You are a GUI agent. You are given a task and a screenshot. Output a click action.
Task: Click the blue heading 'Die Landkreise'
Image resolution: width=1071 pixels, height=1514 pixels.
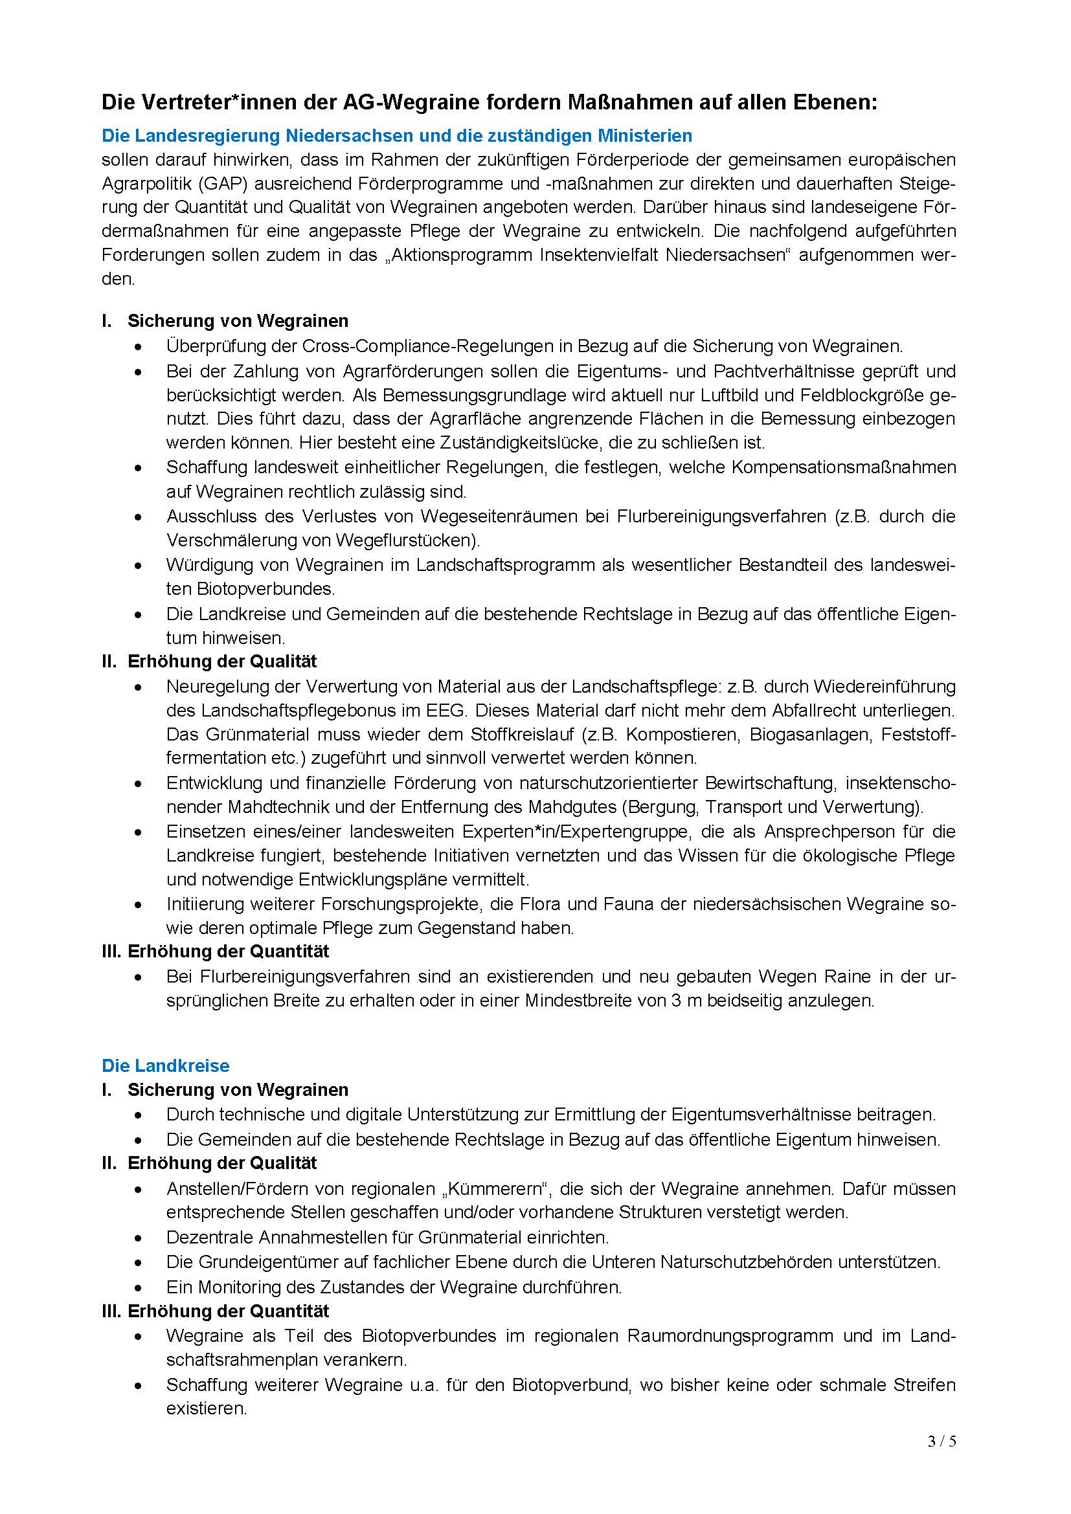tap(166, 1065)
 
